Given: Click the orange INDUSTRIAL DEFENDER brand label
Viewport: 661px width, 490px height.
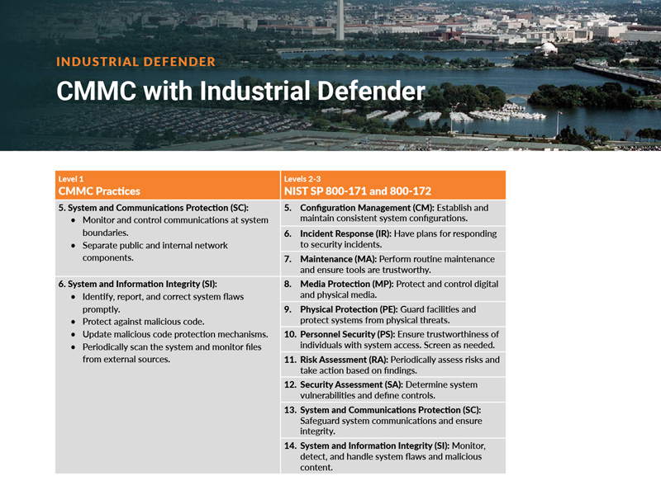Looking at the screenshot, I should pos(136,62).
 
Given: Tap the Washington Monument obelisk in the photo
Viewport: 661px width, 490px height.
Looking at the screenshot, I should pos(340,19).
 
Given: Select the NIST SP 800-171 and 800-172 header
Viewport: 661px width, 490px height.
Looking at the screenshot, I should pos(357,191).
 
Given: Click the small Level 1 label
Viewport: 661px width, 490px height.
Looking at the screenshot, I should pos(71,178).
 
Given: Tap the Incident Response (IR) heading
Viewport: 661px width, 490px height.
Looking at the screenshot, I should pos(345,233).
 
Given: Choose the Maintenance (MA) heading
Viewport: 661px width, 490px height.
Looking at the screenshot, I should pos(340,259).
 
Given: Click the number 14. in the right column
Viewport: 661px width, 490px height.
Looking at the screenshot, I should pos(290,445).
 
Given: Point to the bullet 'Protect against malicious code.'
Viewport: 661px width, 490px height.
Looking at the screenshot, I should pos(143,321).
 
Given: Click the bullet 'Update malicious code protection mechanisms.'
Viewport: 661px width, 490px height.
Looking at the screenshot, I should pos(175,334).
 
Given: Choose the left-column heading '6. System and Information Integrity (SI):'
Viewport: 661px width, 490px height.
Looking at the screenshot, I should pos(138,283).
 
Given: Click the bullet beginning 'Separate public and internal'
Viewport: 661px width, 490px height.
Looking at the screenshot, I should pos(155,245).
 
